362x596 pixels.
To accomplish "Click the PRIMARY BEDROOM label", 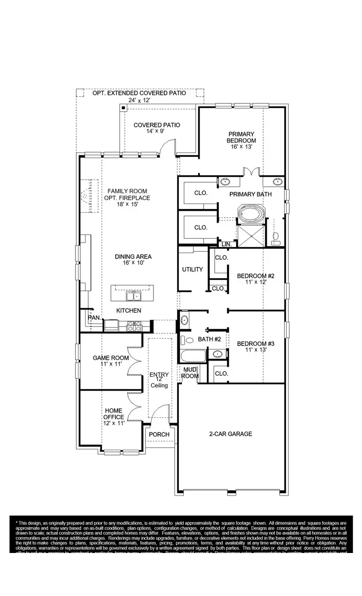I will tap(241, 137).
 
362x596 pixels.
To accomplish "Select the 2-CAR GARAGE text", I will tap(231, 434).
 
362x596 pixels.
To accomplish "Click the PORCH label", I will tap(159, 435).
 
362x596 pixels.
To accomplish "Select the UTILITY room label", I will tap(193, 269).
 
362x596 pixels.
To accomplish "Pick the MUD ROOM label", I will tap(190, 372).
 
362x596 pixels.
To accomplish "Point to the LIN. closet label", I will tap(226, 244).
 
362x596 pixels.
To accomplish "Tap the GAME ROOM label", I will tap(110, 358).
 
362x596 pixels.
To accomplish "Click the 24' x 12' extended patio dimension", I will tap(139, 100).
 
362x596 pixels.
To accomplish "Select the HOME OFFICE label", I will tap(114, 414).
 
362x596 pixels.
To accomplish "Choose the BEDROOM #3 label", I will tap(256, 344).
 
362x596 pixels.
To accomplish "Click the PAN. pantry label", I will tap(94, 318).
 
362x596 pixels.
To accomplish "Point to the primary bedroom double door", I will tap(251, 172).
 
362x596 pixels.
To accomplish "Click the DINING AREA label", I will tap(133, 257).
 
